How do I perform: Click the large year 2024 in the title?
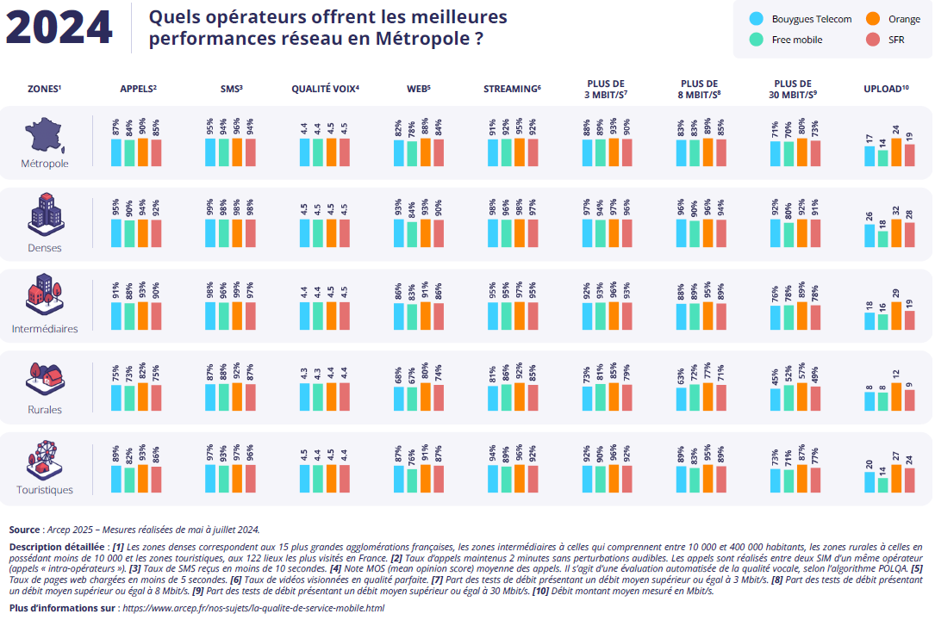click(x=59, y=28)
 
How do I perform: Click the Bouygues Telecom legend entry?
click(x=801, y=19)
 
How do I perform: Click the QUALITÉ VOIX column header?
click(x=325, y=89)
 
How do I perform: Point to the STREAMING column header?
click(x=512, y=89)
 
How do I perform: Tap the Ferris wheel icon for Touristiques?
click(x=44, y=462)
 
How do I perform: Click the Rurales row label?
click(x=44, y=410)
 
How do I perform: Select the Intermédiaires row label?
click(x=44, y=329)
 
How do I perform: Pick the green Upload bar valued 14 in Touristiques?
click(x=883, y=485)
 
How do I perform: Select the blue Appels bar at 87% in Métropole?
click(x=115, y=152)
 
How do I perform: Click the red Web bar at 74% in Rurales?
click(x=439, y=397)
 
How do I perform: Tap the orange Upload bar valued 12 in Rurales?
click(x=897, y=397)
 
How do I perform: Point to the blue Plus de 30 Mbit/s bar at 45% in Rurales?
click(x=776, y=400)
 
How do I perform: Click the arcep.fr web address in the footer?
click(x=254, y=608)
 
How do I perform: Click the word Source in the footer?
click(x=24, y=530)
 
